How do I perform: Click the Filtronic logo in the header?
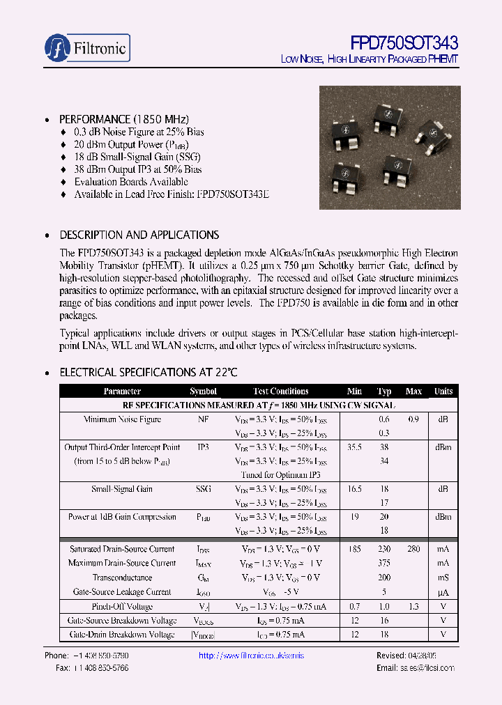click(x=86, y=47)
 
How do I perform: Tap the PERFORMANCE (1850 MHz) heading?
click(x=123, y=118)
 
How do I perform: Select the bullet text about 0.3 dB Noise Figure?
click(x=139, y=132)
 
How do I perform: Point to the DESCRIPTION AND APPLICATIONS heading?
click(x=139, y=235)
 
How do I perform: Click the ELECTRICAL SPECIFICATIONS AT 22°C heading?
click(x=148, y=373)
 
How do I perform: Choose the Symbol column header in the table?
click(x=203, y=392)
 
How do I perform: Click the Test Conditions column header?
click(x=280, y=392)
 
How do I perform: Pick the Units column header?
click(x=443, y=392)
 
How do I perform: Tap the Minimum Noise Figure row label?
click(x=122, y=419)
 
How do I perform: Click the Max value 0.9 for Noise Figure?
click(x=413, y=419)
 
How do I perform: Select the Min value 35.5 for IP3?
click(x=354, y=447)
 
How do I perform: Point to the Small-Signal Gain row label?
click(x=122, y=489)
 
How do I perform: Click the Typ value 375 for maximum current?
click(x=384, y=564)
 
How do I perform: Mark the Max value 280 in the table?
click(x=413, y=550)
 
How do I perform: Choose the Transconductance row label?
click(x=122, y=578)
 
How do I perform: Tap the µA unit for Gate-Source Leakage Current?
click(x=443, y=592)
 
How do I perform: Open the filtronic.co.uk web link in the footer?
click(x=251, y=656)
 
